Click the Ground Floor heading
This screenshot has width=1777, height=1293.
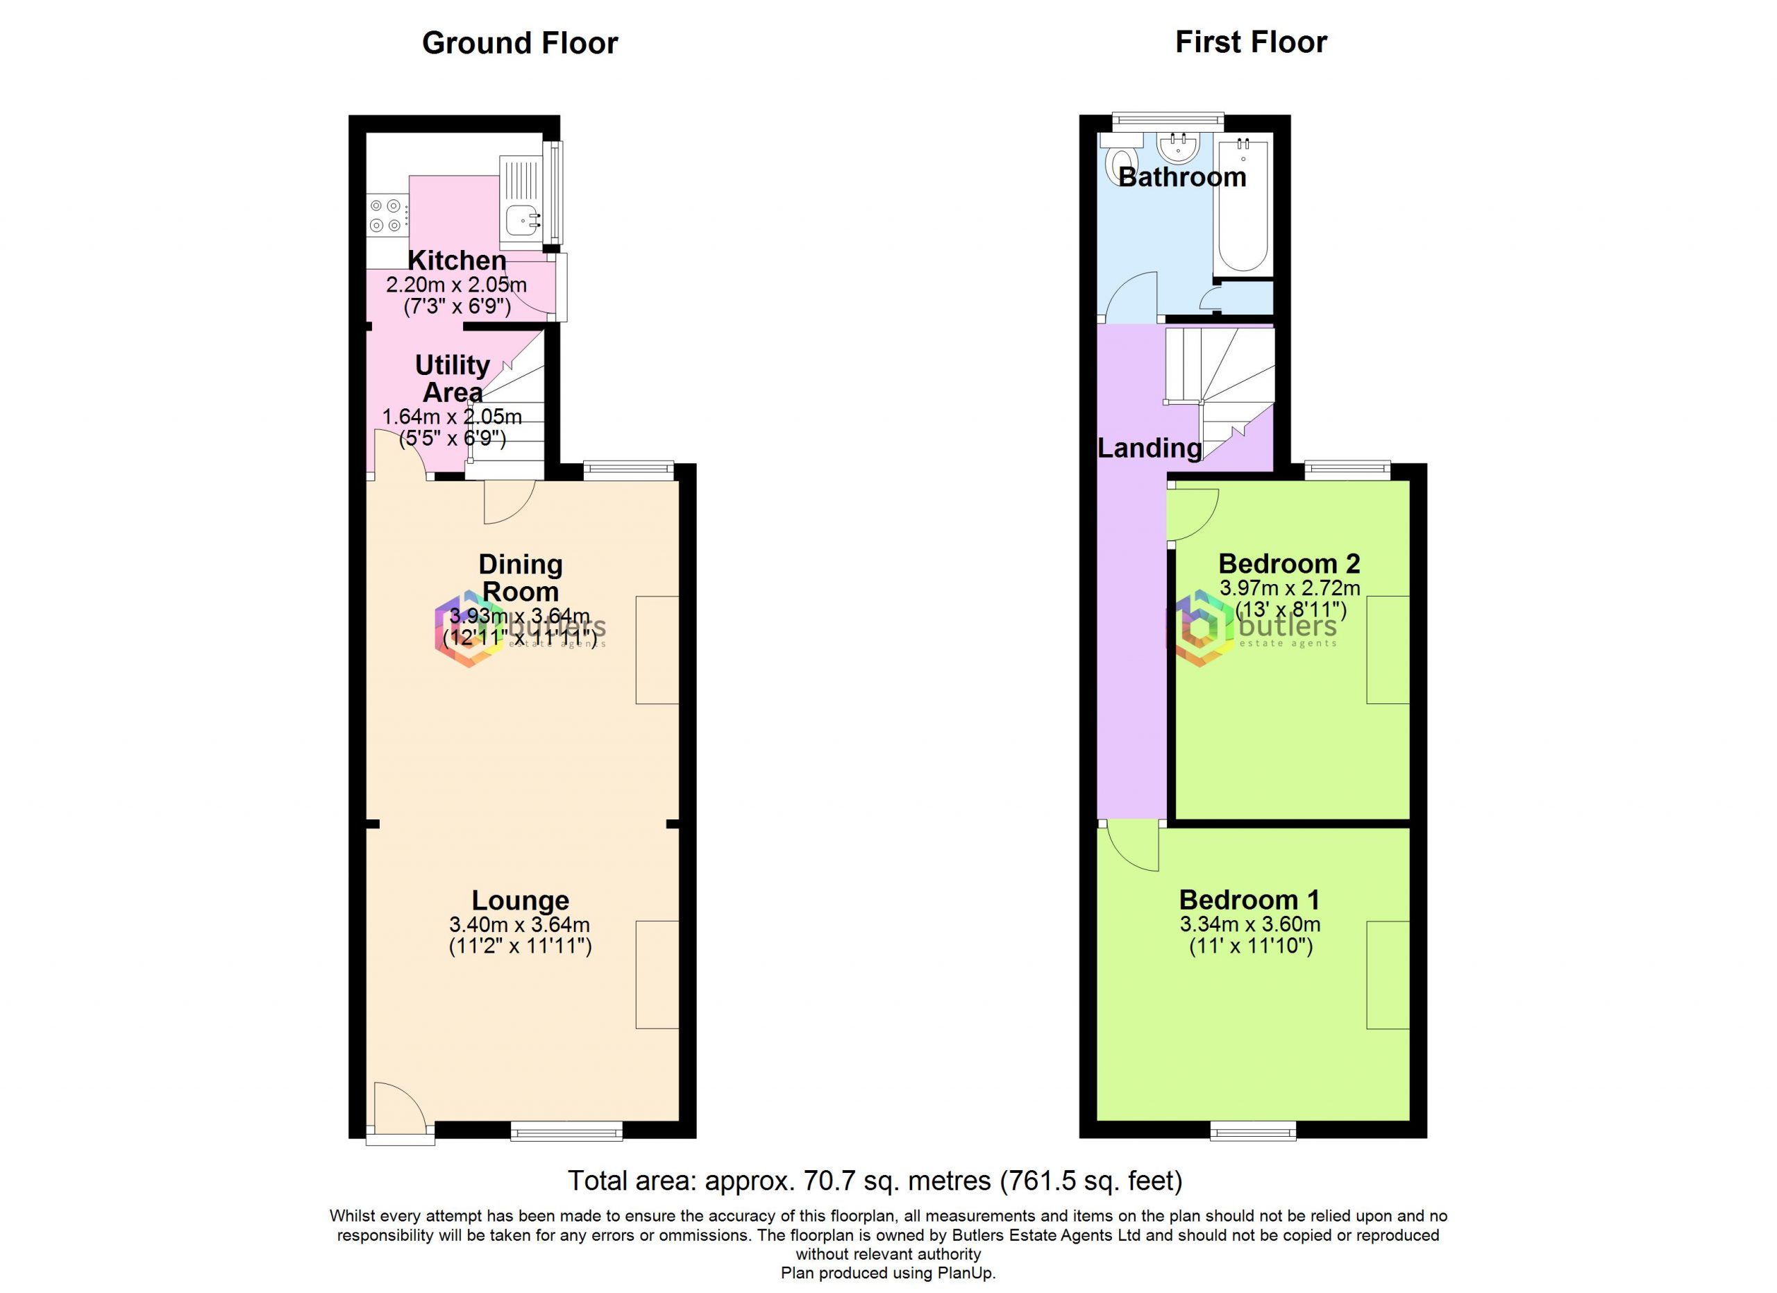(x=519, y=43)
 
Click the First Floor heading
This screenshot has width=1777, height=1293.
(x=1252, y=42)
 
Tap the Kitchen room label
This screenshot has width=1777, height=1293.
(x=457, y=260)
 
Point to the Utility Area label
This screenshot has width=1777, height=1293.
(x=452, y=378)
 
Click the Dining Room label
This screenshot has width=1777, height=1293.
(x=520, y=578)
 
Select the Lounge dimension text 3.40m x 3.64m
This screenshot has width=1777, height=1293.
(x=519, y=925)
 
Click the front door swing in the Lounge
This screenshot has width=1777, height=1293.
(x=400, y=1109)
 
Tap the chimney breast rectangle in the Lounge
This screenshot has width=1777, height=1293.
(x=657, y=974)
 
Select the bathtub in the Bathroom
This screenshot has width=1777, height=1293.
(x=1243, y=206)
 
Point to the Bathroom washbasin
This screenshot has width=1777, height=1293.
(x=1179, y=147)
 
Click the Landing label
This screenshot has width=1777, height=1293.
(x=1149, y=448)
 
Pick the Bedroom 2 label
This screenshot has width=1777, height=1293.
(x=1289, y=563)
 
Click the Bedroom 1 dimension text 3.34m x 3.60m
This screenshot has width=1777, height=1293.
(x=1250, y=925)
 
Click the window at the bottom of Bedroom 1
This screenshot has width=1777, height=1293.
(x=1253, y=1130)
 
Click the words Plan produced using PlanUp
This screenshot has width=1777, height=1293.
(x=888, y=1274)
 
